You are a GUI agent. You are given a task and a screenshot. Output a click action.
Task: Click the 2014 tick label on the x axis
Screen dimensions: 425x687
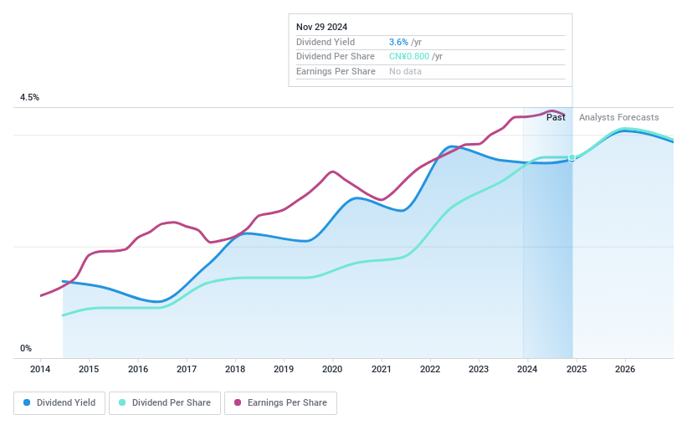tap(40, 369)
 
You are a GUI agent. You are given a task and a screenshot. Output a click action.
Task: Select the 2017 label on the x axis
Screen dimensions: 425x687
tap(187, 369)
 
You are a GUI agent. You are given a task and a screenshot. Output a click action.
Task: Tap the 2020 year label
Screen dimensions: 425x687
tap(332, 369)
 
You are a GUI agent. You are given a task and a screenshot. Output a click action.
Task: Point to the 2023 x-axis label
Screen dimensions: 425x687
tap(479, 369)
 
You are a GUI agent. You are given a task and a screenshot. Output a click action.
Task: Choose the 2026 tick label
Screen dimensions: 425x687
tap(624, 369)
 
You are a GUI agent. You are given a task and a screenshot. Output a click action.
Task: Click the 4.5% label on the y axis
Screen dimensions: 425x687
tap(29, 98)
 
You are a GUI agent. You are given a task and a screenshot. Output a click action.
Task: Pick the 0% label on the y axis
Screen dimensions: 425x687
tap(26, 348)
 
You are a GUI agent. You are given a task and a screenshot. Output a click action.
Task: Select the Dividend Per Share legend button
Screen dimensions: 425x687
tap(166, 403)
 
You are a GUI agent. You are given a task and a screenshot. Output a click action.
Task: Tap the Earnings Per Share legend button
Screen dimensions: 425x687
tap(280, 403)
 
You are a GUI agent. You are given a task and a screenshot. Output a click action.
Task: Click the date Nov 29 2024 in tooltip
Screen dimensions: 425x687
tap(322, 27)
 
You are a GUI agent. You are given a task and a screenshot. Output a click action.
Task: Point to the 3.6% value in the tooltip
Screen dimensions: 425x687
tap(399, 42)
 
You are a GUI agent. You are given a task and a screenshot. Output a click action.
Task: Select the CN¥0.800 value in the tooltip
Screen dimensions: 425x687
tap(408, 57)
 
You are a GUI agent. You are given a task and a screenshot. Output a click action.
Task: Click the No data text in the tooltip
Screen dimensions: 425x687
tap(405, 71)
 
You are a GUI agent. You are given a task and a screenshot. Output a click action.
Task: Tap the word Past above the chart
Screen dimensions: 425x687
tap(556, 117)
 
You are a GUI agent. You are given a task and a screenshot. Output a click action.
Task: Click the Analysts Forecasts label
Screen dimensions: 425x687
tap(618, 117)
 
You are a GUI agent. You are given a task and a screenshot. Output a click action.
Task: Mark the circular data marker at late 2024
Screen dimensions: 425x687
tap(572, 157)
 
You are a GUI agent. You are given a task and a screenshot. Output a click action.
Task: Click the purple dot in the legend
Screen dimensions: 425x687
tap(238, 403)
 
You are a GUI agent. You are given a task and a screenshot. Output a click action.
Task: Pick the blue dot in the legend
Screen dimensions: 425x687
tap(28, 403)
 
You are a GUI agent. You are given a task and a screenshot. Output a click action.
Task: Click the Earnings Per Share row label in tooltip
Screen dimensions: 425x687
tap(336, 71)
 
